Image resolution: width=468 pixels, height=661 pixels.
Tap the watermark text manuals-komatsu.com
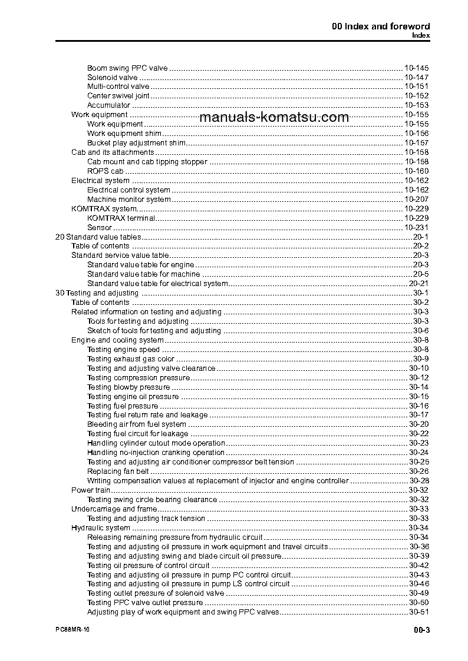click(274, 117)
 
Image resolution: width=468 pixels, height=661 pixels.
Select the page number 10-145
click(417, 68)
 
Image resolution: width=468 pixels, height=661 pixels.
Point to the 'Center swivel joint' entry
click(118, 96)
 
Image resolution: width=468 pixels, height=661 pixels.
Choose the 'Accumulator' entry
click(108, 105)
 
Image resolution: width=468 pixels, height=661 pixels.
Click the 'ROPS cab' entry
click(106, 171)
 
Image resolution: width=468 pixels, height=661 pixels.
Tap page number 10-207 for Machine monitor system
click(417, 200)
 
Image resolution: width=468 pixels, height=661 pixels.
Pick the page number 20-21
click(418, 284)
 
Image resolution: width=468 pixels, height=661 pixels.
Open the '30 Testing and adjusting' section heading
click(97, 293)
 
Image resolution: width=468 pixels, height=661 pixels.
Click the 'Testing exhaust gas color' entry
click(131, 359)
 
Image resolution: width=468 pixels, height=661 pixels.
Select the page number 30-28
click(418, 481)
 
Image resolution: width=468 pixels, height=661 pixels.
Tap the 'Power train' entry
click(91, 490)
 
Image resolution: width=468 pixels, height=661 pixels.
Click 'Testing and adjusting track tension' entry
click(146, 519)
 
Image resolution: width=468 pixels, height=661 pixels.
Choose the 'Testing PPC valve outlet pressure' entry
click(145, 603)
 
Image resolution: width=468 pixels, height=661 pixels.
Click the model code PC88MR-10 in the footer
click(68, 630)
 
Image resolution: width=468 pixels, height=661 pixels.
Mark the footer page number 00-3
click(421, 630)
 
